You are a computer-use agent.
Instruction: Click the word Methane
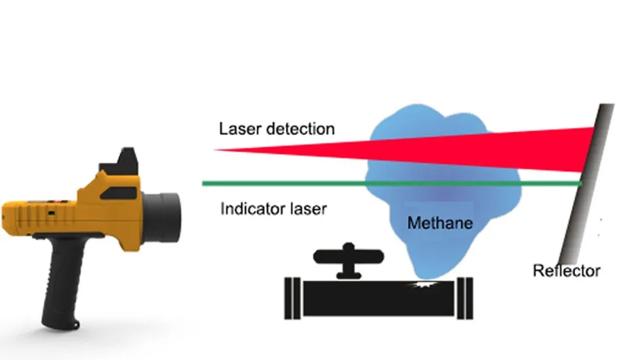coord(439,224)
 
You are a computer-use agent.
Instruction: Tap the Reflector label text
coord(567,270)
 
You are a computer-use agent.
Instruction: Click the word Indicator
coord(252,210)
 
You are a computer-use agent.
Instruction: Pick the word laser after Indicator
coord(309,210)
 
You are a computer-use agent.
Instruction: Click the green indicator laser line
coord(328,183)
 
